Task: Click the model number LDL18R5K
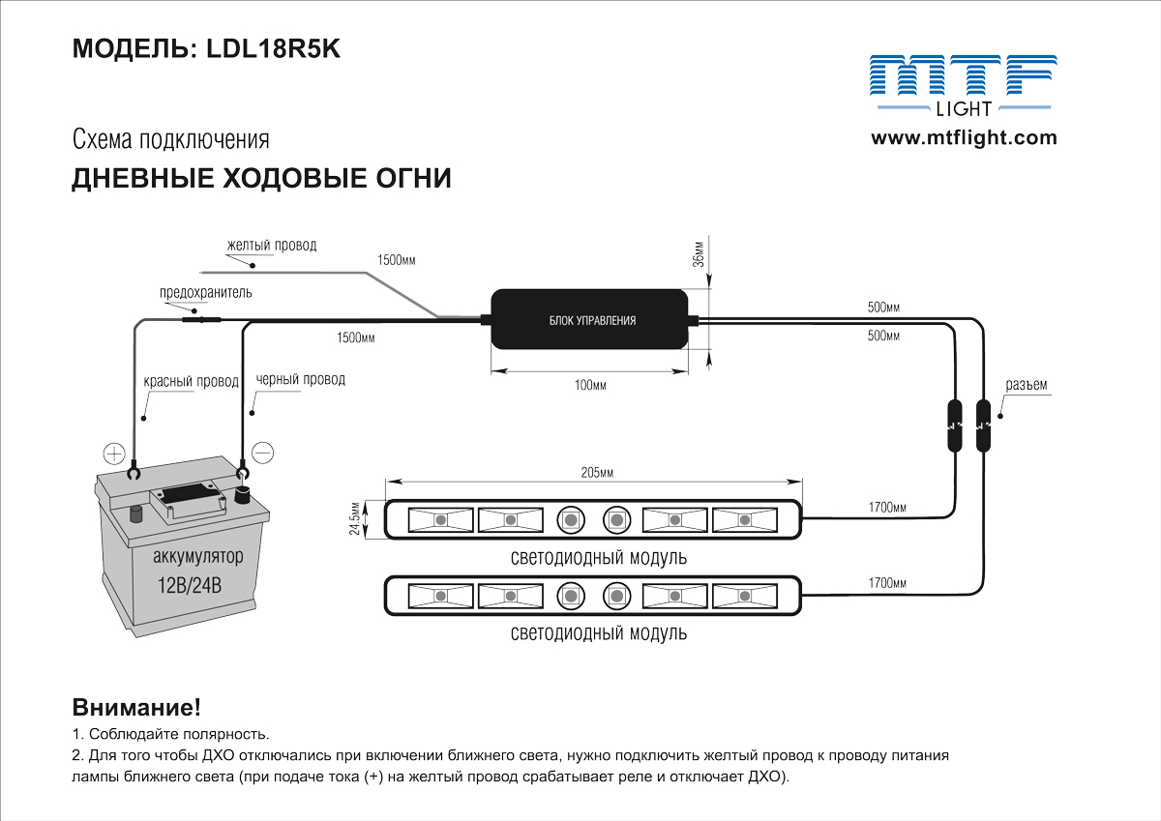[274, 49]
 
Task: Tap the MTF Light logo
[960, 85]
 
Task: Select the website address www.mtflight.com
[964, 137]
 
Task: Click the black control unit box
[592, 320]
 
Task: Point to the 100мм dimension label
[590, 386]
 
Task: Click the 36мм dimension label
[699, 252]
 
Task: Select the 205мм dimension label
[598, 473]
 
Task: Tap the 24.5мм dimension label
[355, 519]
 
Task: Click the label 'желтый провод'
[272, 246]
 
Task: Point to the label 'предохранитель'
[206, 292]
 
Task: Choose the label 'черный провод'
[300, 380]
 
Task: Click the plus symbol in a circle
[115, 453]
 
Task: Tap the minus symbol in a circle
[262, 452]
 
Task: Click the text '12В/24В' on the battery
[190, 585]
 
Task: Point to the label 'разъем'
[1027, 385]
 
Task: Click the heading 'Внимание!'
[136, 707]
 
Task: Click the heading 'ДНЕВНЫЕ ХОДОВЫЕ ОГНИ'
[261, 179]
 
